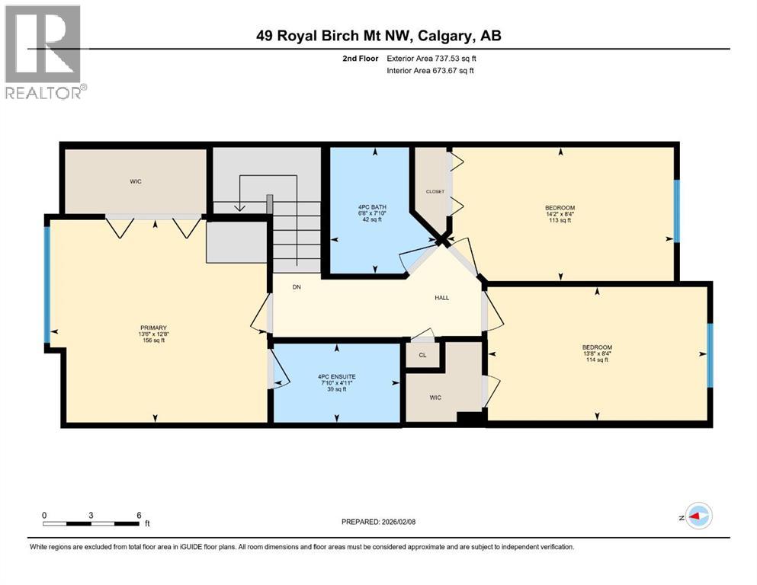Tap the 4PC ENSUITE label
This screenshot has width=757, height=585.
(x=337, y=376)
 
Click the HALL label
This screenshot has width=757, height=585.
(x=441, y=298)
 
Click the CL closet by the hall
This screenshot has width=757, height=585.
(x=422, y=355)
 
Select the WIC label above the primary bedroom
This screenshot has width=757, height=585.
(x=135, y=181)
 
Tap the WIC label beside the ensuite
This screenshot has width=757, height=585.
(x=435, y=398)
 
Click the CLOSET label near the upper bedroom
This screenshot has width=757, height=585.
(x=435, y=191)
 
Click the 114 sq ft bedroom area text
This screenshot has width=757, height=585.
(x=597, y=360)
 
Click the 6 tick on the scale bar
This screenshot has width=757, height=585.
(x=139, y=516)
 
